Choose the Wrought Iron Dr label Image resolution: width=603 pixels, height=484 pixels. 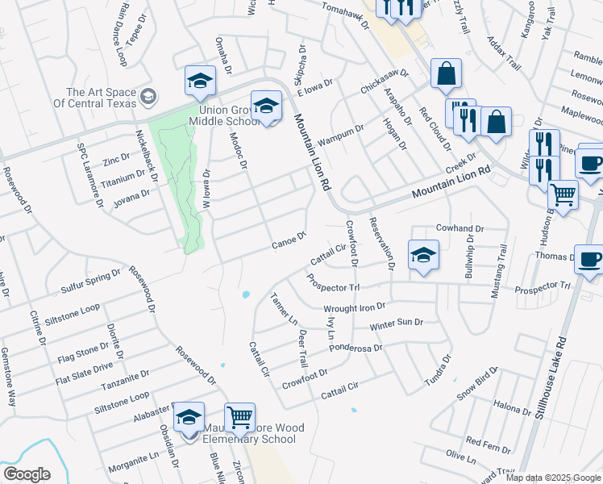tap(355, 308)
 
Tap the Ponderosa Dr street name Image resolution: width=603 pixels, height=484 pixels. tap(356, 348)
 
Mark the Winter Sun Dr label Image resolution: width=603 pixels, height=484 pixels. tap(396, 325)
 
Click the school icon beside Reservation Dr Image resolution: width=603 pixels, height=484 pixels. tap(423, 256)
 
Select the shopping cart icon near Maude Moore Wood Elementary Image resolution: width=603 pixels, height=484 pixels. tap(239, 418)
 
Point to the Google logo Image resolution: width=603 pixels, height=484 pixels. tap(27, 474)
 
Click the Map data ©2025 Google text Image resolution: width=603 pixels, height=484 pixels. tap(553, 478)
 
